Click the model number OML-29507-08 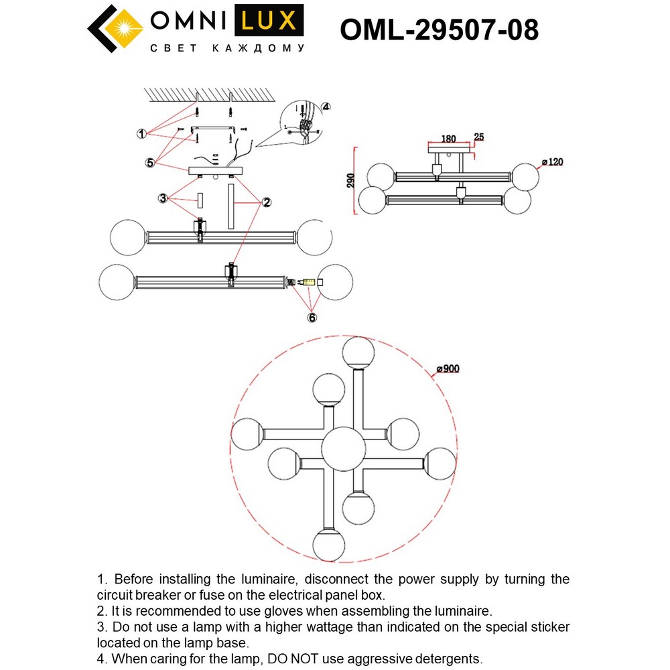440,29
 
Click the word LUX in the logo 269,21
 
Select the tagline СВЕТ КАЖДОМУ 227,49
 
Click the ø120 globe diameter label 553,162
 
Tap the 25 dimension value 478,137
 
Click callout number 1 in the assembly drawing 142,134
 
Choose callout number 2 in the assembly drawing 266,201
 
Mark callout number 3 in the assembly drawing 162,198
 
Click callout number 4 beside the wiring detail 326,107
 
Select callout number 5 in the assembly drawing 151,162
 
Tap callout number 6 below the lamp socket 312,318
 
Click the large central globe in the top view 344,448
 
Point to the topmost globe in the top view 358,353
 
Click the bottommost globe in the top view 329,544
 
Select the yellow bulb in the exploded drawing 308,283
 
